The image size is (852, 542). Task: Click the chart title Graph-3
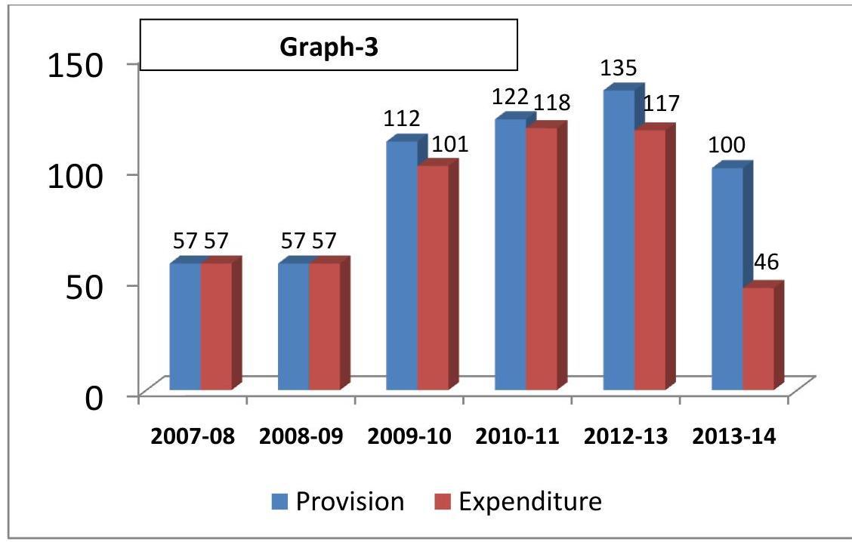(329, 47)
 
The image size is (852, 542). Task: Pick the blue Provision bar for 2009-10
(402, 265)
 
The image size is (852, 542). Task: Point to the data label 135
(619, 69)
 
